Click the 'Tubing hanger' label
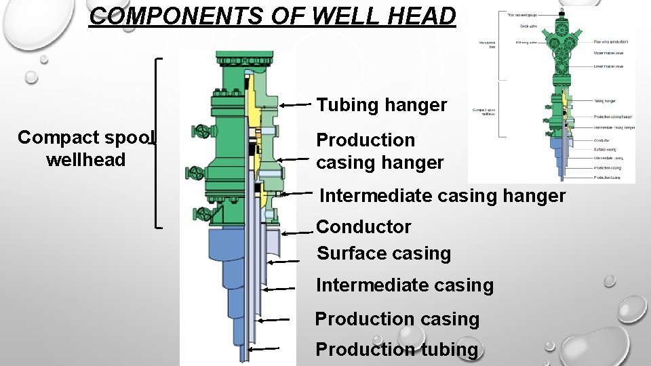pos(382,105)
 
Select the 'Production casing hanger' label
pos(380,151)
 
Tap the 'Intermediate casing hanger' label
pos(442,196)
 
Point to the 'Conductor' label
pos(363,226)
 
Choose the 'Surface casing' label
pos(384,253)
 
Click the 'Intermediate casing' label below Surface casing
pos(405,285)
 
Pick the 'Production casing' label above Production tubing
pos(397,319)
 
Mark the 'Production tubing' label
pos(397,350)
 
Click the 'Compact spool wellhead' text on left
pos(86,148)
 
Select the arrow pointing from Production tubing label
pos(262,349)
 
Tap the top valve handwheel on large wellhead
pos(201,131)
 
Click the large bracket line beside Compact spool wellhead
pos(158,143)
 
